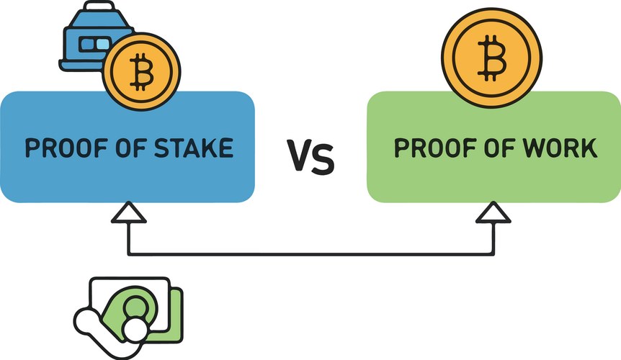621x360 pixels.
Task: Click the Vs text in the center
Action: [311, 156]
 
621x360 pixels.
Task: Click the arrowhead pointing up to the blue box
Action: [128, 214]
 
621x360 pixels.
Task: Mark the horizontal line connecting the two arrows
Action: [310, 253]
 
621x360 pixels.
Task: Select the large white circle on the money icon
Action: [133, 330]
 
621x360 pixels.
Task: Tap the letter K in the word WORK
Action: [589, 148]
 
